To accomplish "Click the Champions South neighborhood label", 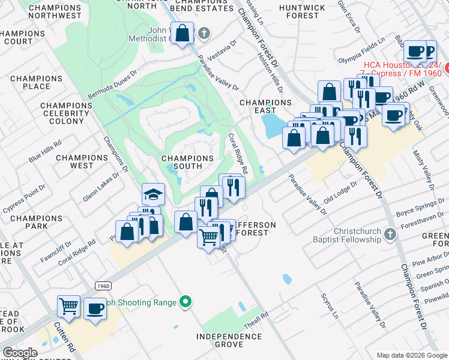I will click(187, 162).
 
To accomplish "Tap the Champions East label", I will click(265, 106).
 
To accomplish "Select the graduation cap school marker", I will click(153, 194).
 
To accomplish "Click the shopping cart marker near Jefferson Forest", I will click(208, 237).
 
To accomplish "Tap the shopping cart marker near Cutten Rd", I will click(69, 306).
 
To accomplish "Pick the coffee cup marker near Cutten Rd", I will click(95, 308).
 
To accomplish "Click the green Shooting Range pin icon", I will click(186, 302).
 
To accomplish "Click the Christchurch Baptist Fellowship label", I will click(348, 235).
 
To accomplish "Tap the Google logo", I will click(20, 352).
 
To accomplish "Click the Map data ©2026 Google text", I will click(412, 355).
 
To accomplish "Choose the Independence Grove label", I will click(229, 340).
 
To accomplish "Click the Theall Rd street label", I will click(256, 320).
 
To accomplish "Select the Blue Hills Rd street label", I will click(46, 152).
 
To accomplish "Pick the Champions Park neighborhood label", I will click(28, 222).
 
